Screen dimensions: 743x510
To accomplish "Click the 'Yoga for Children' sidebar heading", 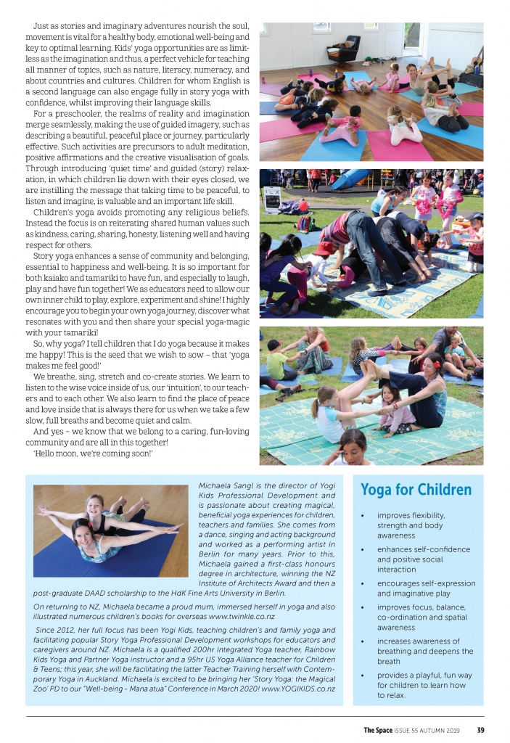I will coord(416,490).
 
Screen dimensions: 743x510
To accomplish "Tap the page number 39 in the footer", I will coord(480,730).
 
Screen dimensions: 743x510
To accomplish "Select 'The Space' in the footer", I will coord(378,730).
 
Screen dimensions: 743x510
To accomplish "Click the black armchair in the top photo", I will coord(342,48).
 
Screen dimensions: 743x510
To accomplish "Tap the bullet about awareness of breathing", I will coord(419,651).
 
